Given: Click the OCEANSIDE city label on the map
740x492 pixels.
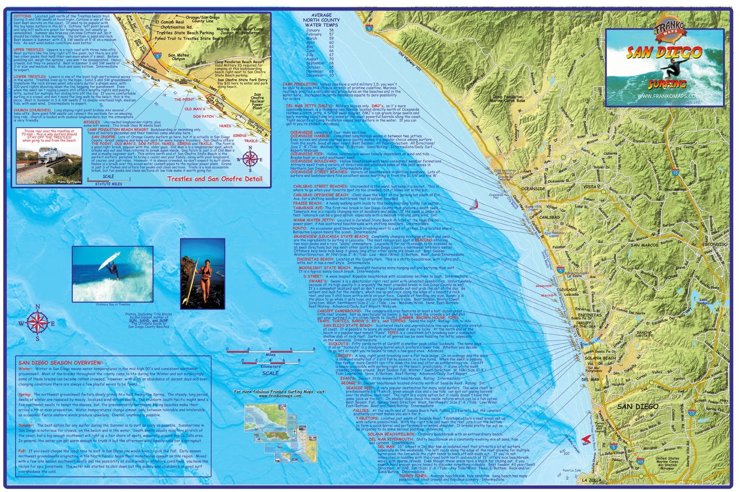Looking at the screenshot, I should [x=533, y=189].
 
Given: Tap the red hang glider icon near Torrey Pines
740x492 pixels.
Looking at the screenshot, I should [x=586, y=438].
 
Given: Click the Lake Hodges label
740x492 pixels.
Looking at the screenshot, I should [x=705, y=302].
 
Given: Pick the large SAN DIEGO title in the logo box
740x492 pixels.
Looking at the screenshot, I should [x=664, y=52].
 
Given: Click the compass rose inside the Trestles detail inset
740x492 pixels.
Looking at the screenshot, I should [x=250, y=158].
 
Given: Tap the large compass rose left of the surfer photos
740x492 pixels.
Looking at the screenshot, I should [x=36, y=323].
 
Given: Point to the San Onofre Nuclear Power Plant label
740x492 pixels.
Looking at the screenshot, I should [x=257, y=101].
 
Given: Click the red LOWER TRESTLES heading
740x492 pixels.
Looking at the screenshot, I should [x=30, y=77].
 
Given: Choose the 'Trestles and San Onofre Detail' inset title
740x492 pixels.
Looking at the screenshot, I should [x=215, y=179].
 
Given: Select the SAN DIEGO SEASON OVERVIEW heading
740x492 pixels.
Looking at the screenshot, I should [x=61, y=363].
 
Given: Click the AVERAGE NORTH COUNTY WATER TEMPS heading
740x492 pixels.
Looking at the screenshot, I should [x=321, y=20].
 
